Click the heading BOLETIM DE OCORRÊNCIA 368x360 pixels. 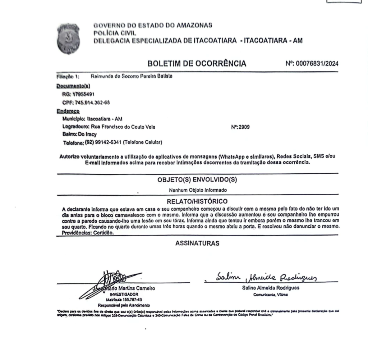coord(197,64)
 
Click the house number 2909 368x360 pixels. coord(246,127)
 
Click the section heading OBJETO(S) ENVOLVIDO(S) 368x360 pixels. coord(197,180)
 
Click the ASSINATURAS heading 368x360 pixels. coord(197,243)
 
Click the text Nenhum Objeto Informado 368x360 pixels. coord(198,190)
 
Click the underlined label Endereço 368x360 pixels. coord(68,111)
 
